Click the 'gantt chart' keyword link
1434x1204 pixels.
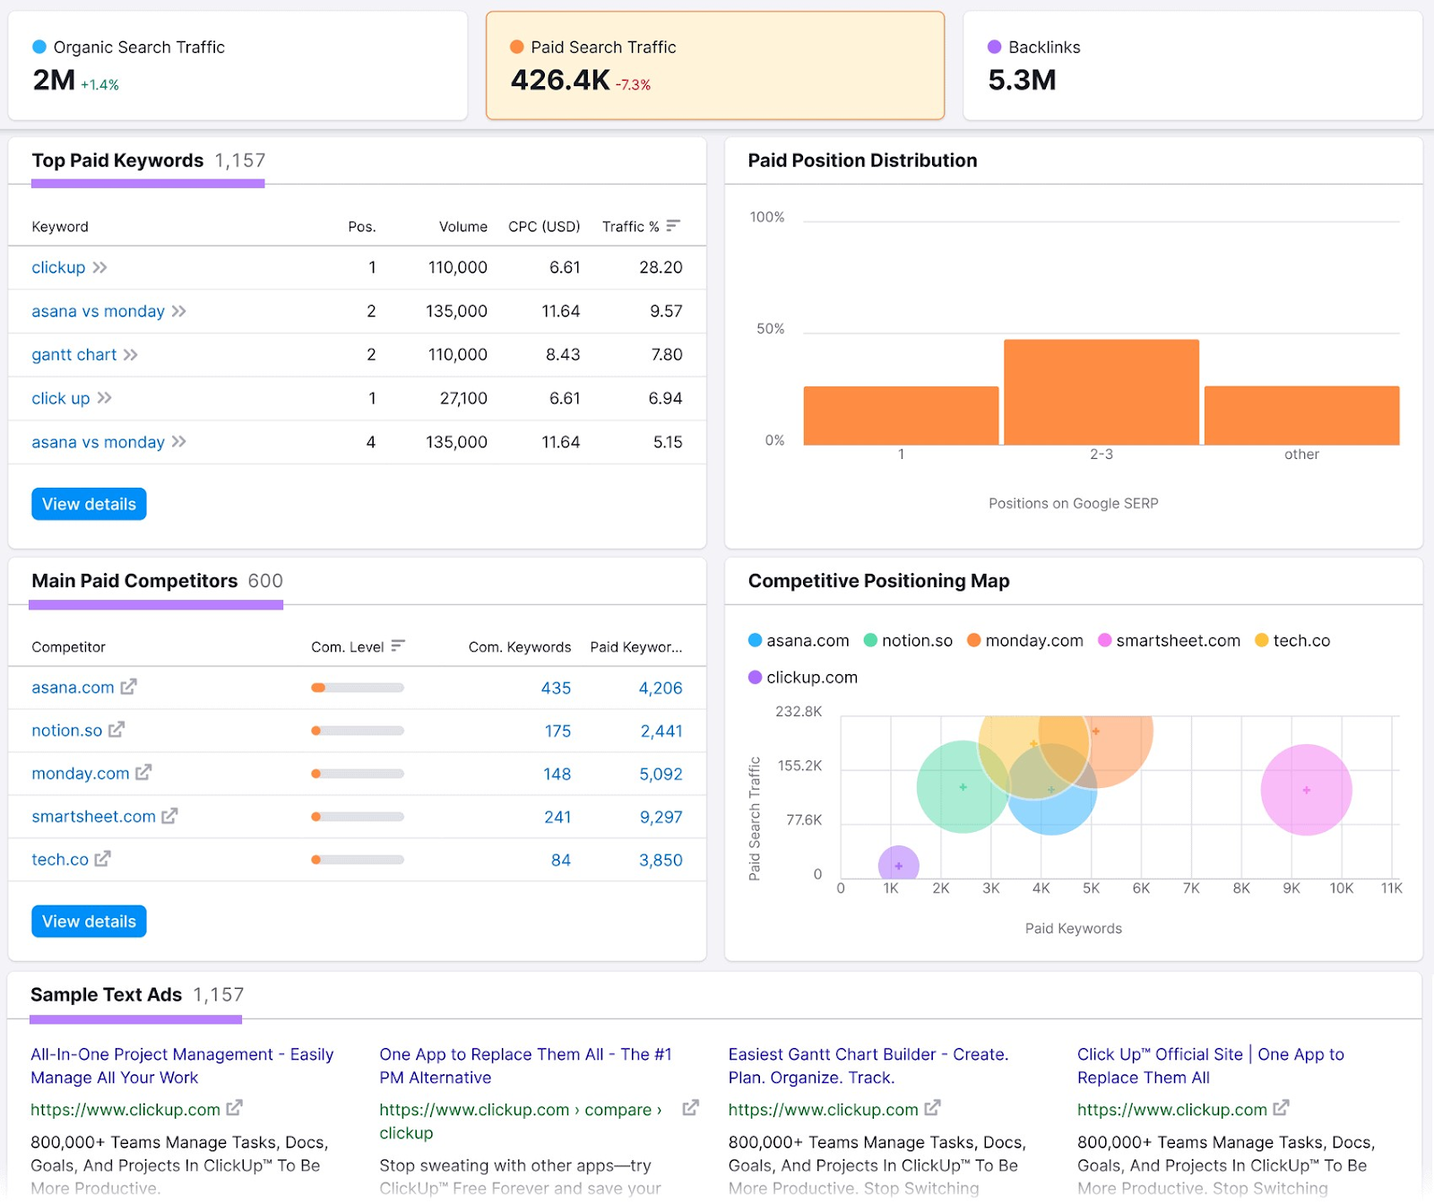coord(74,355)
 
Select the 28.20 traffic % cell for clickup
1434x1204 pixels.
coord(661,267)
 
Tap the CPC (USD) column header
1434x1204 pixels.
coord(544,227)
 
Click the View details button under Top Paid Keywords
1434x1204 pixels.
coord(89,504)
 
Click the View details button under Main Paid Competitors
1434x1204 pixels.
coord(89,922)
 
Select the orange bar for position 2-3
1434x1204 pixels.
coord(1101,392)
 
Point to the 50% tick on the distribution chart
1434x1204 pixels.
coord(770,329)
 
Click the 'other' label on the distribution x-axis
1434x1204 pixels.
coord(1301,455)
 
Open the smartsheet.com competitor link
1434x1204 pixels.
coord(93,817)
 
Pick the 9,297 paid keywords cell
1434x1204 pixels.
coord(661,817)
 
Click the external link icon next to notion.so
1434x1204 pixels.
coord(117,730)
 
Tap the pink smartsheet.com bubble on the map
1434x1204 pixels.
coord(1306,790)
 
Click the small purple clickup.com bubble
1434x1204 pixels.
coord(898,864)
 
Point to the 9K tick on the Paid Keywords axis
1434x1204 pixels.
coord(1291,888)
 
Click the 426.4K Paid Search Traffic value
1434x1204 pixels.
coord(560,81)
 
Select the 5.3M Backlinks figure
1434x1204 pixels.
coord(1022,81)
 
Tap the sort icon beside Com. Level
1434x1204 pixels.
coord(398,645)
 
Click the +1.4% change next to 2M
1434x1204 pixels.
coord(99,85)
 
